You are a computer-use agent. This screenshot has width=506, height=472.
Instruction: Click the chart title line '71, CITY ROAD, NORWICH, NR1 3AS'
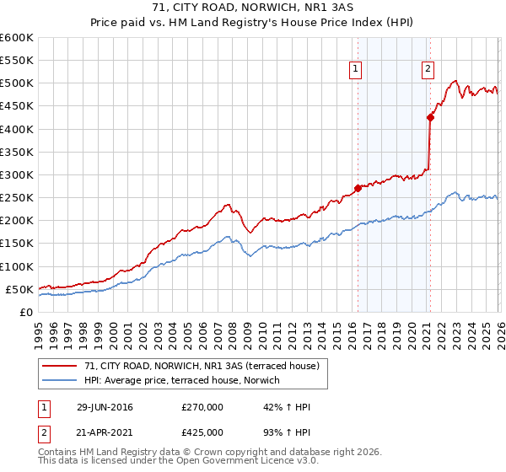(x=253, y=8)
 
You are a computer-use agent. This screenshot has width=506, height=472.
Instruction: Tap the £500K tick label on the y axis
(x=16, y=83)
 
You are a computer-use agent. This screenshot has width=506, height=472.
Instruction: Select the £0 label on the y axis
(x=25, y=312)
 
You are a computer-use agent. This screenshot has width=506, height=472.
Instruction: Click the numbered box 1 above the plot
(x=355, y=70)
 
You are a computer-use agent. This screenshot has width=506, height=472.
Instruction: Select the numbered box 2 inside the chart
(x=428, y=70)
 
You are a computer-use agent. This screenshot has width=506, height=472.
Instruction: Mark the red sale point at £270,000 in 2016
(x=358, y=188)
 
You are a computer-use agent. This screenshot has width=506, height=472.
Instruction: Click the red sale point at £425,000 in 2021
(x=430, y=118)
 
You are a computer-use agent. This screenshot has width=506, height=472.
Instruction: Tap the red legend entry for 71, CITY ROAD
(x=202, y=367)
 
